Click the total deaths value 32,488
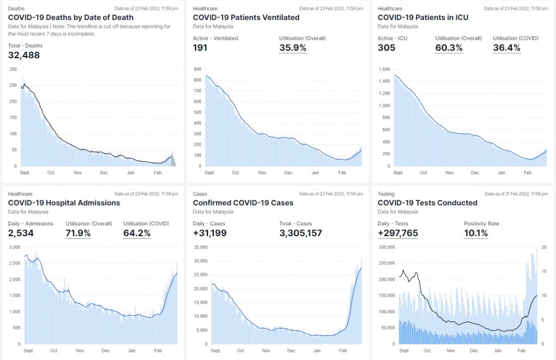[24, 55]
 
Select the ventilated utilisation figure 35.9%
[293, 48]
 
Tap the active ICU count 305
[387, 48]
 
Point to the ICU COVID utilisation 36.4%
[507, 48]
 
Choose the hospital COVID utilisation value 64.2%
[137, 233]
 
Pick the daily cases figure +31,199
[210, 233]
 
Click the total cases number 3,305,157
[301, 233]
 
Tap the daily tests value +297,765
[397, 233]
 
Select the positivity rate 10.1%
[476, 233]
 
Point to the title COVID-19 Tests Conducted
[427, 203]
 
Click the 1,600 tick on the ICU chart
[384, 70]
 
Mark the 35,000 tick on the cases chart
[200, 247]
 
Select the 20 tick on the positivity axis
[544, 247]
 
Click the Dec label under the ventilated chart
[288, 173]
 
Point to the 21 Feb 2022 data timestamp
[517, 194]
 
